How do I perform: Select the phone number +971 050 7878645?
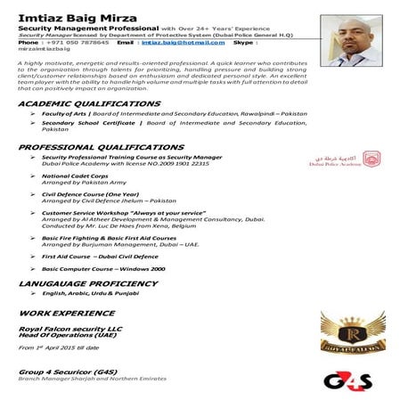click(78, 42)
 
